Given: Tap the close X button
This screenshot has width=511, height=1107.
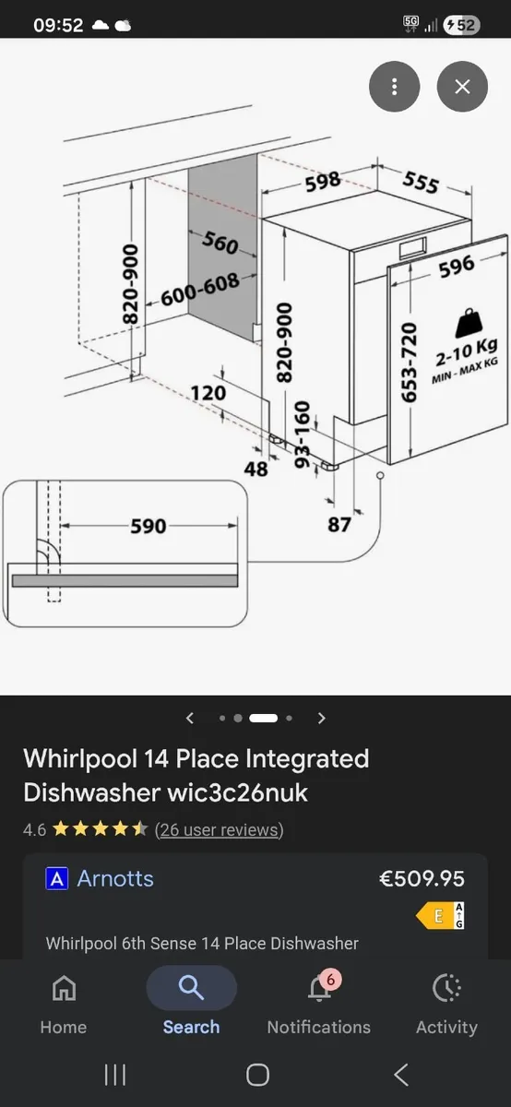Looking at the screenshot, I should (x=462, y=87).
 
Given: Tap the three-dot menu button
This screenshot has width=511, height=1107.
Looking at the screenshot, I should (x=394, y=87).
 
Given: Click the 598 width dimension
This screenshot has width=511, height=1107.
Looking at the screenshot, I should (x=323, y=182).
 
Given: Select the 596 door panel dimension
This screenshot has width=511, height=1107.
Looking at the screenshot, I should (x=456, y=266).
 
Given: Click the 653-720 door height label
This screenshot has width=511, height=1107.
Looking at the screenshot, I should (x=410, y=362).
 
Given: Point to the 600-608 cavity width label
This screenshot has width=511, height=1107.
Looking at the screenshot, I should (x=200, y=289).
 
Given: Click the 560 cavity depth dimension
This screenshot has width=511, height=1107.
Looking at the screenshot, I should (x=220, y=243).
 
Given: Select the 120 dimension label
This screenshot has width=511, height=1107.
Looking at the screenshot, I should (x=208, y=394).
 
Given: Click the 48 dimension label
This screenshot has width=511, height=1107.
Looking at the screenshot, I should (x=255, y=469).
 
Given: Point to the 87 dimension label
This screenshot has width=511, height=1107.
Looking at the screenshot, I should (x=339, y=524).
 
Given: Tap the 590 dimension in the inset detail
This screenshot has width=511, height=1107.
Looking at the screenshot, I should (x=148, y=526).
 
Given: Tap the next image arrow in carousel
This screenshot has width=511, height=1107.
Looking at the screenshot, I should (x=321, y=718).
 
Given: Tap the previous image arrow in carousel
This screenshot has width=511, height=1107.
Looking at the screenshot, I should (x=190, y=718).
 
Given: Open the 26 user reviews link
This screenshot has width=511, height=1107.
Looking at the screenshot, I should (x=219, y=829).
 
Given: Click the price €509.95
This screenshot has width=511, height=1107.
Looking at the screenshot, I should (x=422, y=879).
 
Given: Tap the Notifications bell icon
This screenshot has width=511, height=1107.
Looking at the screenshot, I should (x=318, y=989).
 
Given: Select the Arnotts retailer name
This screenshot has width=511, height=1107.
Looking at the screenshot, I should (x=115, y=879).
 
